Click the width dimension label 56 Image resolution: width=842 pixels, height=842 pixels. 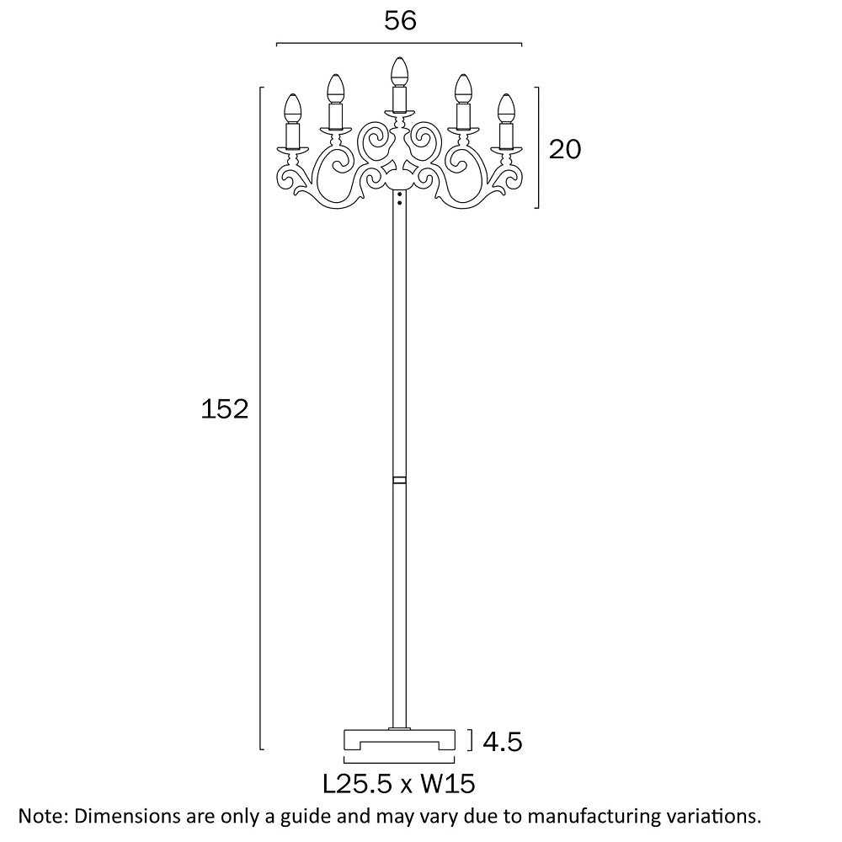click(x=400, y=21)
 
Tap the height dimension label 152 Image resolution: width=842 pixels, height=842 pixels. click(x=225, y=409)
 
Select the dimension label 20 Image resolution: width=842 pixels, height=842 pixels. click(x=565, y=149)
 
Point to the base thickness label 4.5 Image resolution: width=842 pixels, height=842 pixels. click(x=503, y=742)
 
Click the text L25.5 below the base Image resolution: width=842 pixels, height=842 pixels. click(x=359, y=785)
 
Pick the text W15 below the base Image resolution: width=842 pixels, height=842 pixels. click(x=448, y=785)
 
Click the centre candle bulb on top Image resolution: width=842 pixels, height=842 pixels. click(x=400, y=69)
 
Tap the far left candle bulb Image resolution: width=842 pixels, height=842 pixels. click(x=292, y=106)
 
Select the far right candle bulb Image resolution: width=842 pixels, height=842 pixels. click(x=506, y=106)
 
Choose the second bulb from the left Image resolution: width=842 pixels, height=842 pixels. click(x=336, y=87)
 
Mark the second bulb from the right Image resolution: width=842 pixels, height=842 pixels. click(x=462, y=87)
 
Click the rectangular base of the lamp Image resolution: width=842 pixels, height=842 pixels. click(x=400, y=740)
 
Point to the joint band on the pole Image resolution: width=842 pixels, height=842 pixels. click(x=399, y=480)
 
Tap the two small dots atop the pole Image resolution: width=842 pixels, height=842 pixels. click(x=399, y=198)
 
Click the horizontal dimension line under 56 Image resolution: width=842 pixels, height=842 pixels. click(x=400, y=43)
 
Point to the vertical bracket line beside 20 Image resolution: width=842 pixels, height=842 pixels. click(x=538, y=147)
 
